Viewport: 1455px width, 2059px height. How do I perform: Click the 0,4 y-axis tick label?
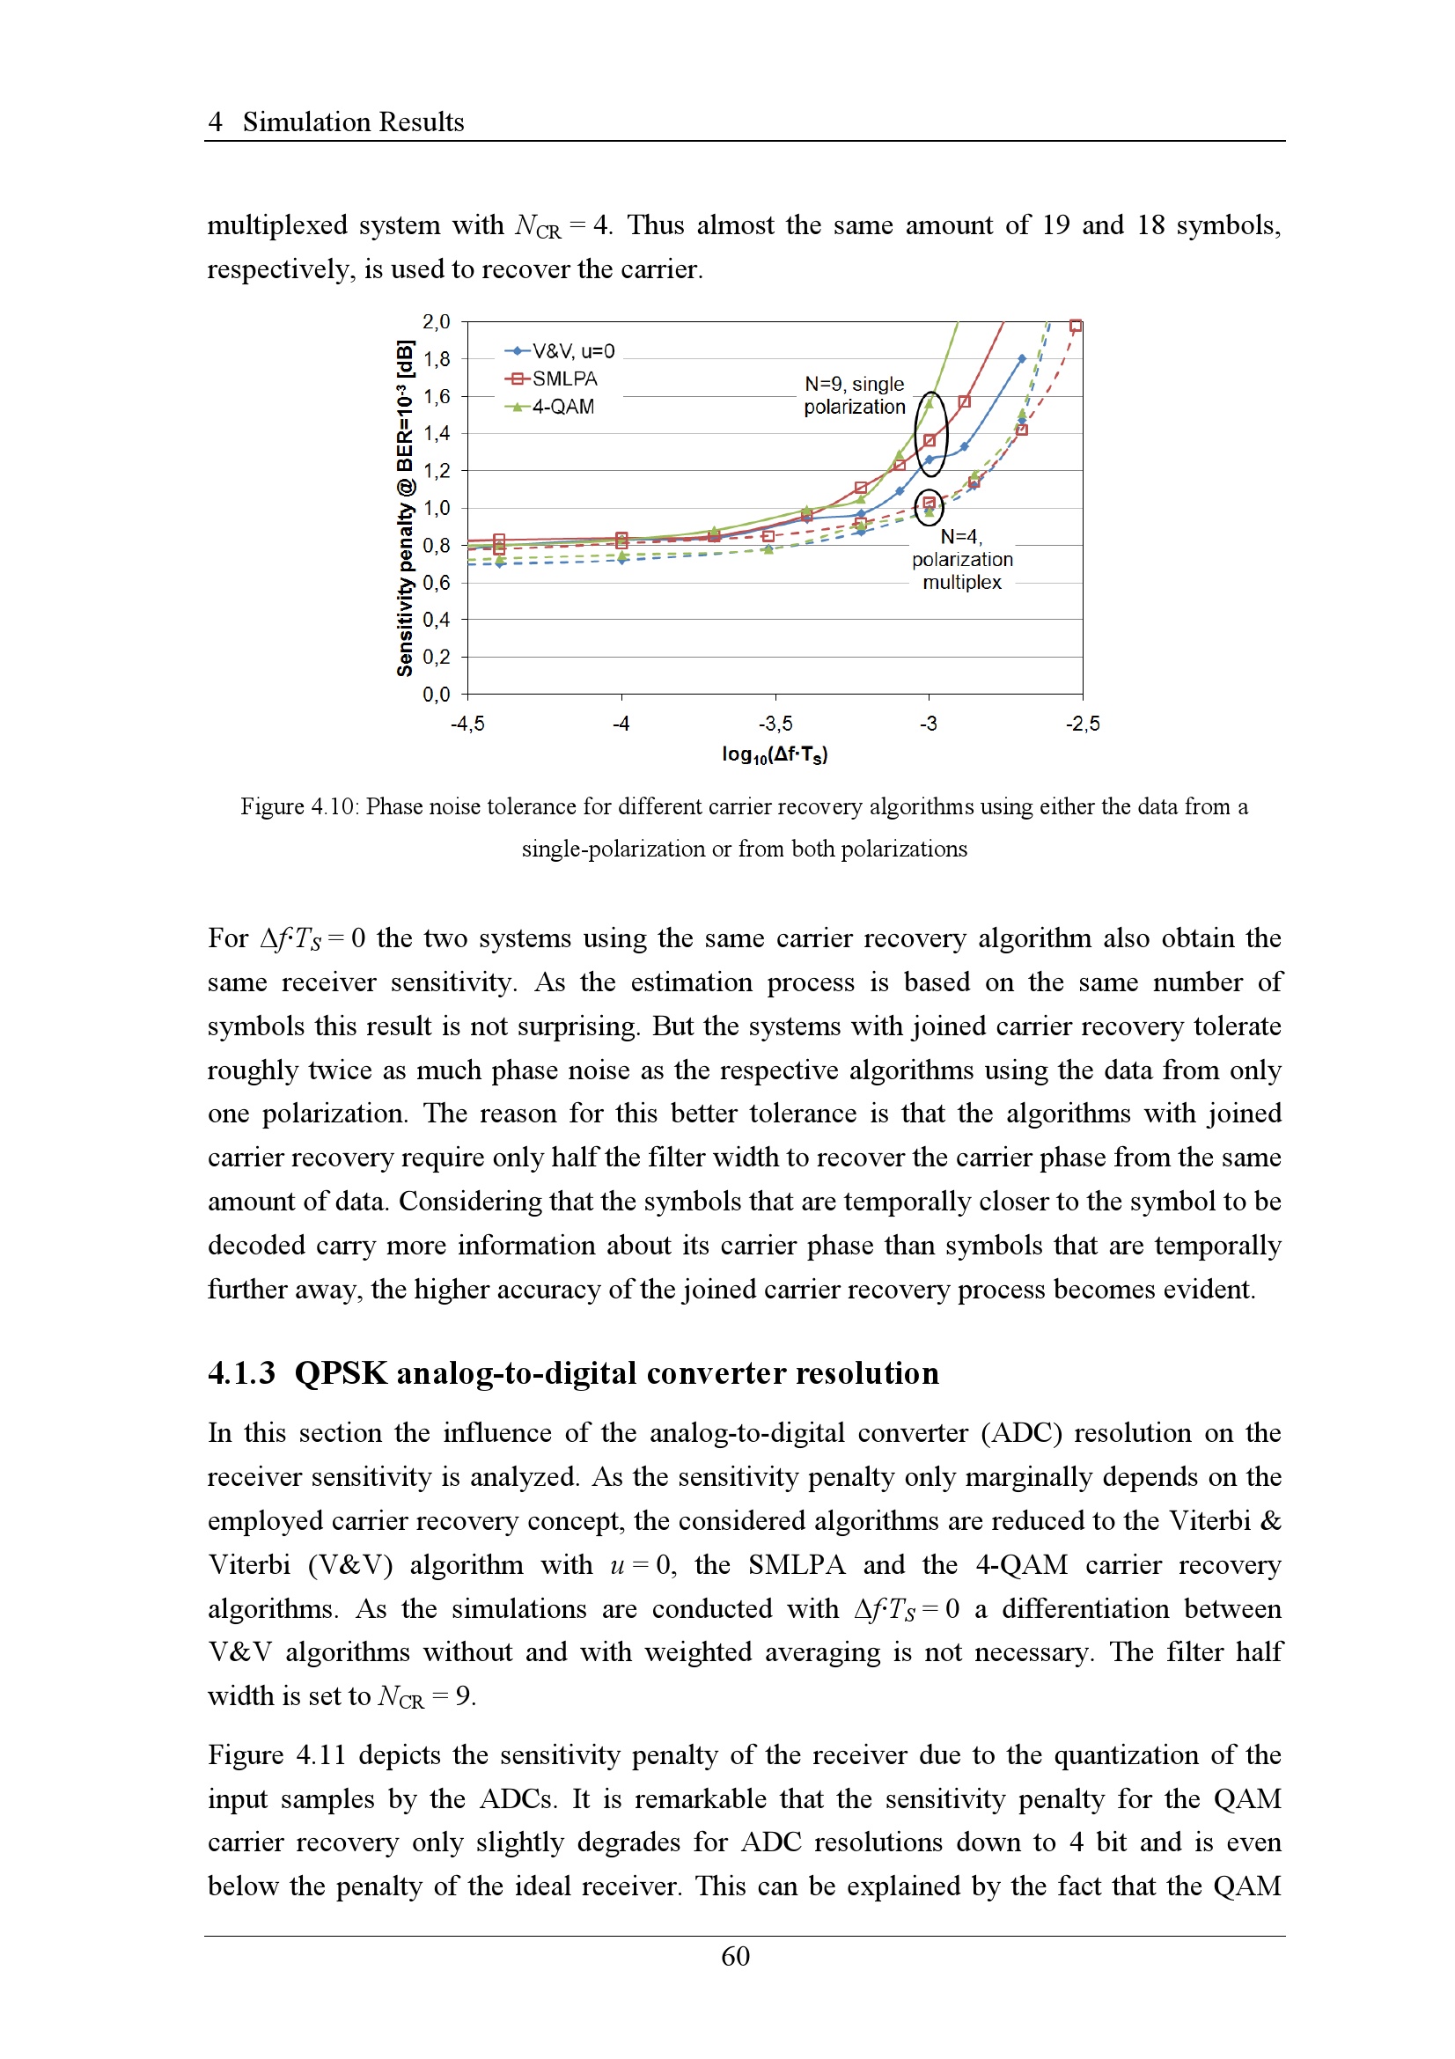[437, 620]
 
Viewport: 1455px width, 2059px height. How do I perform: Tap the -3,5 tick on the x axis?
[775, 724]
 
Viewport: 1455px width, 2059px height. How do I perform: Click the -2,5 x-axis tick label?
[1082, 724]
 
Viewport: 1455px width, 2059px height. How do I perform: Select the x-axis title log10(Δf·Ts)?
[775, 754]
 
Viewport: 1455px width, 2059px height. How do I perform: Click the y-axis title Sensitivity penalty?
[405, 508]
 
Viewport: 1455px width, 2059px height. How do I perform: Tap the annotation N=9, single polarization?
[855, 395]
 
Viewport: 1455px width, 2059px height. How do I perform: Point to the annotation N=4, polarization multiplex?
[962, 560]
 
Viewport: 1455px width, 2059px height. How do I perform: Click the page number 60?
[735, 1956]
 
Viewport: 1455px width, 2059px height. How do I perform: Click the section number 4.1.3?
[241, 1373]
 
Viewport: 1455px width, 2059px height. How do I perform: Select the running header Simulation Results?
[353, 122]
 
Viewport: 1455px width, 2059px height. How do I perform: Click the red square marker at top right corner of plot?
[1076, 326]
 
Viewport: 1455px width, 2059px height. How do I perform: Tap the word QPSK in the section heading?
[341, 1373]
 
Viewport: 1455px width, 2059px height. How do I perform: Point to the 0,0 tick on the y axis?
[437, 694]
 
